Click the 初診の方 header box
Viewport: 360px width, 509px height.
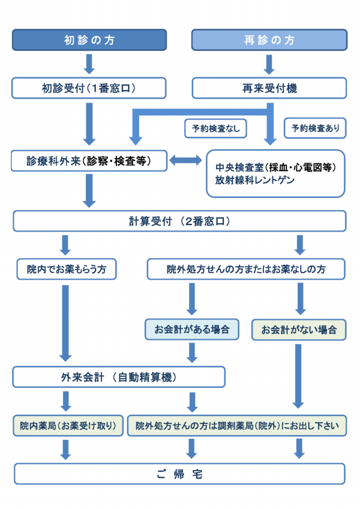tap(89, 40)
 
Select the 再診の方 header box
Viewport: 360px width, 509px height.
tap(269, 40)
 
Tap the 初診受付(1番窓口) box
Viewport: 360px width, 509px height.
tap(89, 88)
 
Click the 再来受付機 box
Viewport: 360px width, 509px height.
tap(269, 88)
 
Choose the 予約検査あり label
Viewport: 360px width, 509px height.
tap(314, 128)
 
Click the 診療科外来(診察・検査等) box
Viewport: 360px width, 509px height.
tap(89, 161)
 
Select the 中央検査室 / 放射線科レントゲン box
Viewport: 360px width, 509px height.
tap(275, 173)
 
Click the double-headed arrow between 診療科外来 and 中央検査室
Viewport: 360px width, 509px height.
tap(186, 161)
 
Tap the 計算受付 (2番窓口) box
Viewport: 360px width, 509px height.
tap(179, 221)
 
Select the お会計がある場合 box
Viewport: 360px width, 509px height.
tap(192, 330)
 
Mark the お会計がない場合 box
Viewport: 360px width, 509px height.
tap(299, 330)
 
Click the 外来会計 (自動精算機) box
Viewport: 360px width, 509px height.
tap(119, 377)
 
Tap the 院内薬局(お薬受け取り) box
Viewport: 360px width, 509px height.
tap(68, 426)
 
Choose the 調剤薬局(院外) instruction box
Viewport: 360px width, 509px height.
tap(236, 426)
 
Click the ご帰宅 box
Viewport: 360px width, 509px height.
tap(179, 474)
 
